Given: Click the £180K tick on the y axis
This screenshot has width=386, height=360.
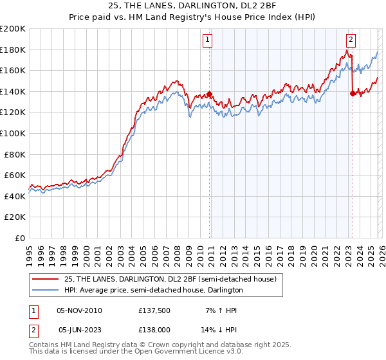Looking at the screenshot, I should (13, 50).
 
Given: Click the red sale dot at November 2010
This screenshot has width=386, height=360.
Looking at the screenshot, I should (210, 94).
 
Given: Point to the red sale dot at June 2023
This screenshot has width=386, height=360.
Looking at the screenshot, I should (352, 93).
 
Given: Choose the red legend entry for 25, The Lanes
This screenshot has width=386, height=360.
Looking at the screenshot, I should (170, 278).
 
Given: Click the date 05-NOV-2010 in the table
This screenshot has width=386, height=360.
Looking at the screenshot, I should (79, 310).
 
